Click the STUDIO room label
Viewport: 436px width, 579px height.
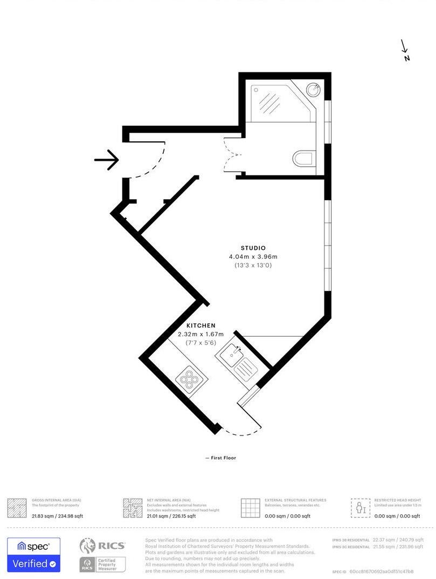click(x=253, y=248)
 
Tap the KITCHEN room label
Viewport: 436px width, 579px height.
click(x=201, y=326)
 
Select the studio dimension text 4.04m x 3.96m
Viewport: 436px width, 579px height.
click(x=253, y=257)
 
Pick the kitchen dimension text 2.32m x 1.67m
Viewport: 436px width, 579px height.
click(x=200, y=335)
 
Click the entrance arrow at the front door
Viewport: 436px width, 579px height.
click(x=106, y=160)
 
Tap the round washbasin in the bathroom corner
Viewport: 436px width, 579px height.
click(x=313, y=88)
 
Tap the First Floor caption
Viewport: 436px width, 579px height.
click(x=221, y=458)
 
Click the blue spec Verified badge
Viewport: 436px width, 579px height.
click(x=33, y=555)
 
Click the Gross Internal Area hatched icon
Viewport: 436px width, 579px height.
click(x=17, y=508)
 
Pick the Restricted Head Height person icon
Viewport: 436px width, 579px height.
click(x=361, y=508)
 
